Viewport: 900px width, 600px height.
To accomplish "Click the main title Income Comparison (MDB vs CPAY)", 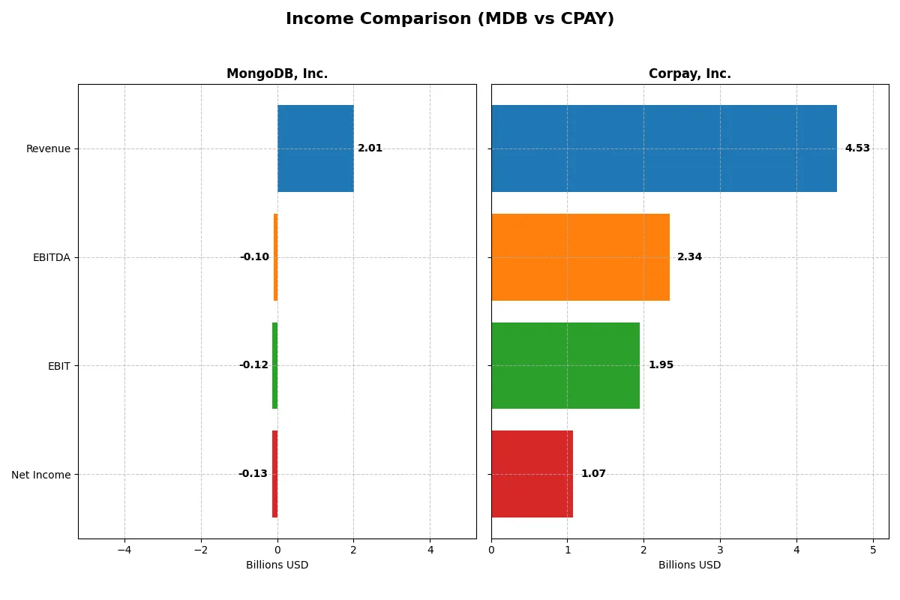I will click(x=450, y=19).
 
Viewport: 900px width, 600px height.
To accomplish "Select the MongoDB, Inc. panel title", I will click(x=277, y=74).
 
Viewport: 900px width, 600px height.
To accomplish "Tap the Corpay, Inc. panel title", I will click(x=689, y=74).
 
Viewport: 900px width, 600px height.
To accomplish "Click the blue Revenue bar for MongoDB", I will click(x=315, y=148).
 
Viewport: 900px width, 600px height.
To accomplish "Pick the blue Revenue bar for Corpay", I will click(x=664, y=148).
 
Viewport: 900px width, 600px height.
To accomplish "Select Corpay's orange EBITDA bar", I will click(x=580, y=257).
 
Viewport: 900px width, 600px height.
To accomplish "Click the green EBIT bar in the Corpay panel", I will click(x=565, y=365).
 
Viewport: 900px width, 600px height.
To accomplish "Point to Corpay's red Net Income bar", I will click(x=532, y=474).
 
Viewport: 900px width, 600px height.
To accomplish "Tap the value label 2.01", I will click(x=370, y=148).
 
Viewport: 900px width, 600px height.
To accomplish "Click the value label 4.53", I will click(x=857, y=148).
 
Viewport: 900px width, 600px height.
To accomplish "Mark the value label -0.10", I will click(x=254, y=257).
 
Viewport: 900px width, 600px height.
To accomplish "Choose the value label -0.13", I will click(x=253, y=474).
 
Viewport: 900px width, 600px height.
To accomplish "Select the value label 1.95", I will click(x=661, y=365).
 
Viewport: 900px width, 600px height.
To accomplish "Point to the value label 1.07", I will click(x=593, y=474).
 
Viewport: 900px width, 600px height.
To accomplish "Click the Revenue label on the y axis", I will click(x=48, y=148).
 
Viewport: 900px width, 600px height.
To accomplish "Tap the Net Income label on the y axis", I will click(x=41, y=475).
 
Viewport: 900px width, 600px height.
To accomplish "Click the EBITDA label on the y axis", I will click(x=52, y=257).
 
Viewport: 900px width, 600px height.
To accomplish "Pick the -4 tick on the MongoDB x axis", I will click(x=124, y=550).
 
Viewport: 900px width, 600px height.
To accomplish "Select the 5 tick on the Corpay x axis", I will click(x=873, y=550).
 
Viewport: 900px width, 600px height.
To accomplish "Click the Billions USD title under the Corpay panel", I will click(x=689, y=565).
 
